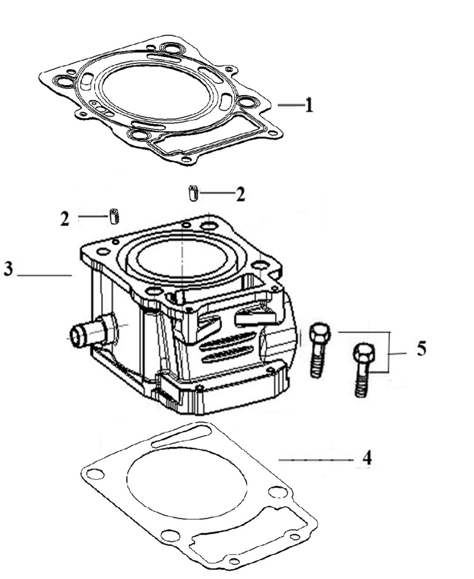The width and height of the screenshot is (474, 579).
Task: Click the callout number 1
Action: point(309,105)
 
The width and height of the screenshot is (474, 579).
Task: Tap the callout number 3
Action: point(8,269)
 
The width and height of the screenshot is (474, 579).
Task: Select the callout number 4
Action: point(367,458)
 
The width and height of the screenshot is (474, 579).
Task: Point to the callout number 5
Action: point(422,349)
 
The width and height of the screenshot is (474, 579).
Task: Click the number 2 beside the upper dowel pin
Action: point(240,194)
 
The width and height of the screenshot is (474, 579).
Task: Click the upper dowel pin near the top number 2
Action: point(192,194)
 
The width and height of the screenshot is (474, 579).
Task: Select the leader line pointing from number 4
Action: point(316,459)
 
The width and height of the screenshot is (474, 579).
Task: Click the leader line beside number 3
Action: point(44,275)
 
